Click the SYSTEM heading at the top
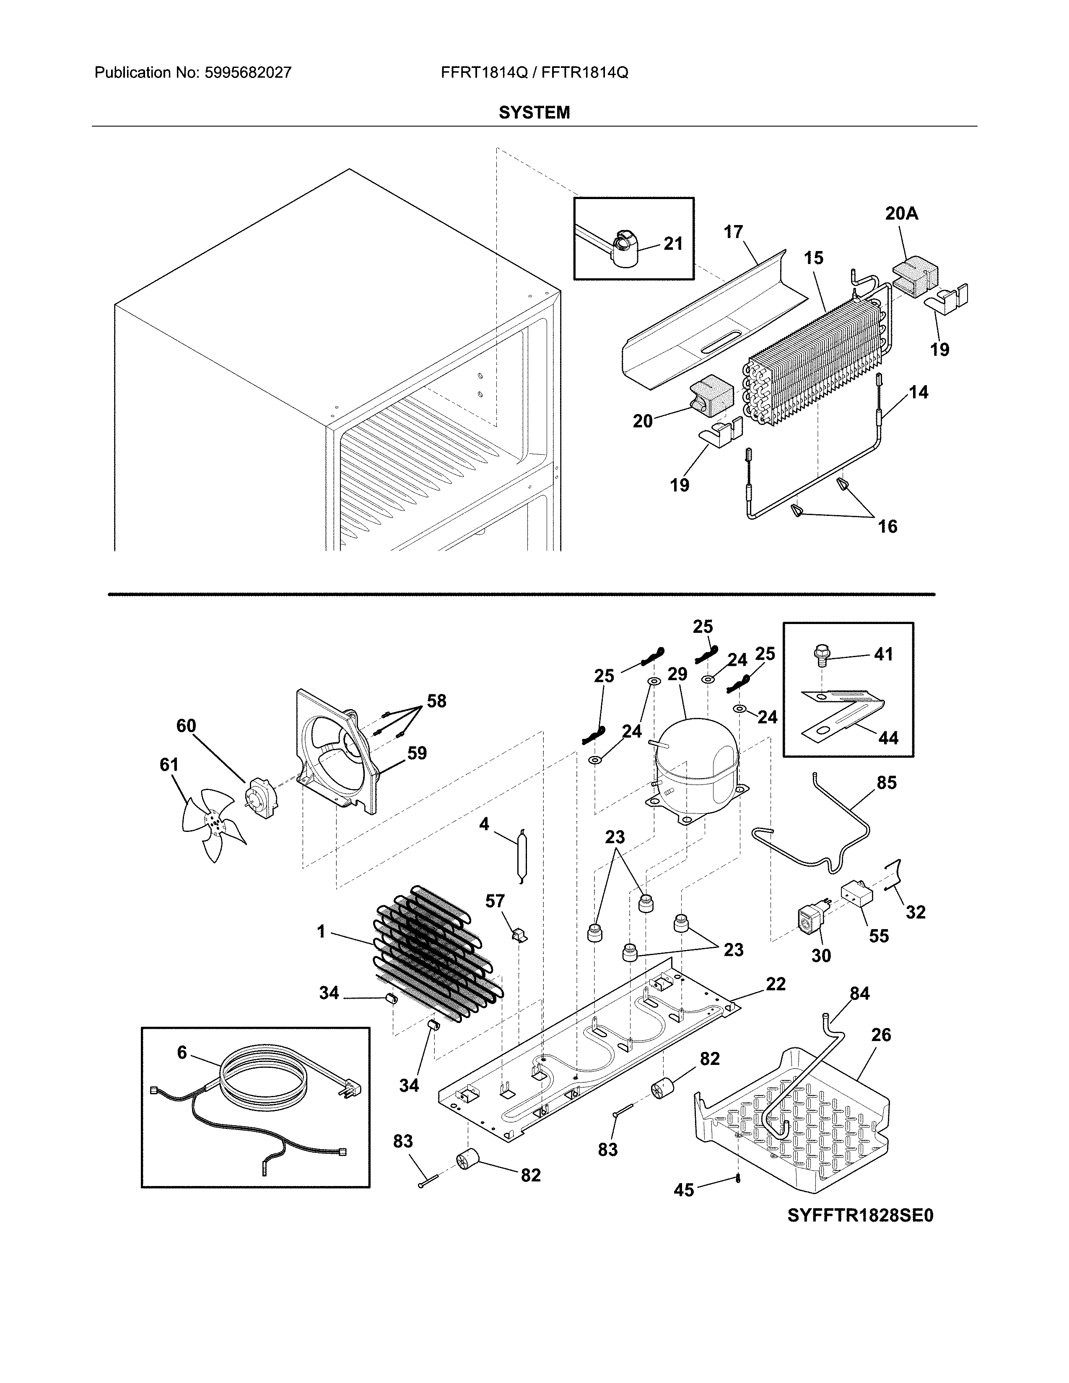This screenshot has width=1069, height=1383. coord(534,113)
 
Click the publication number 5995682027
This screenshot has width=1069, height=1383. coord(248,73)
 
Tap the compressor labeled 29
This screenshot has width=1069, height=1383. coord(697,766)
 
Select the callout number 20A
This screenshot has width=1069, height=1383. coord(901,214)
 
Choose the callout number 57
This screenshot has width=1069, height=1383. coord(495,901)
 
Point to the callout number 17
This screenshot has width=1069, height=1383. coord(733,233)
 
